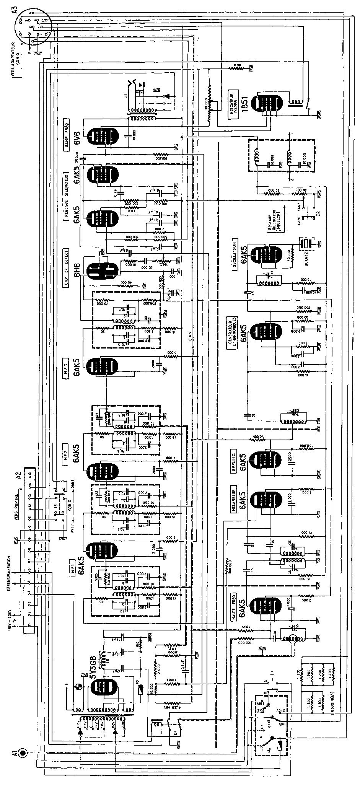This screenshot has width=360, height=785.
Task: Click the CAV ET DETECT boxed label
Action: coord(67,264)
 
